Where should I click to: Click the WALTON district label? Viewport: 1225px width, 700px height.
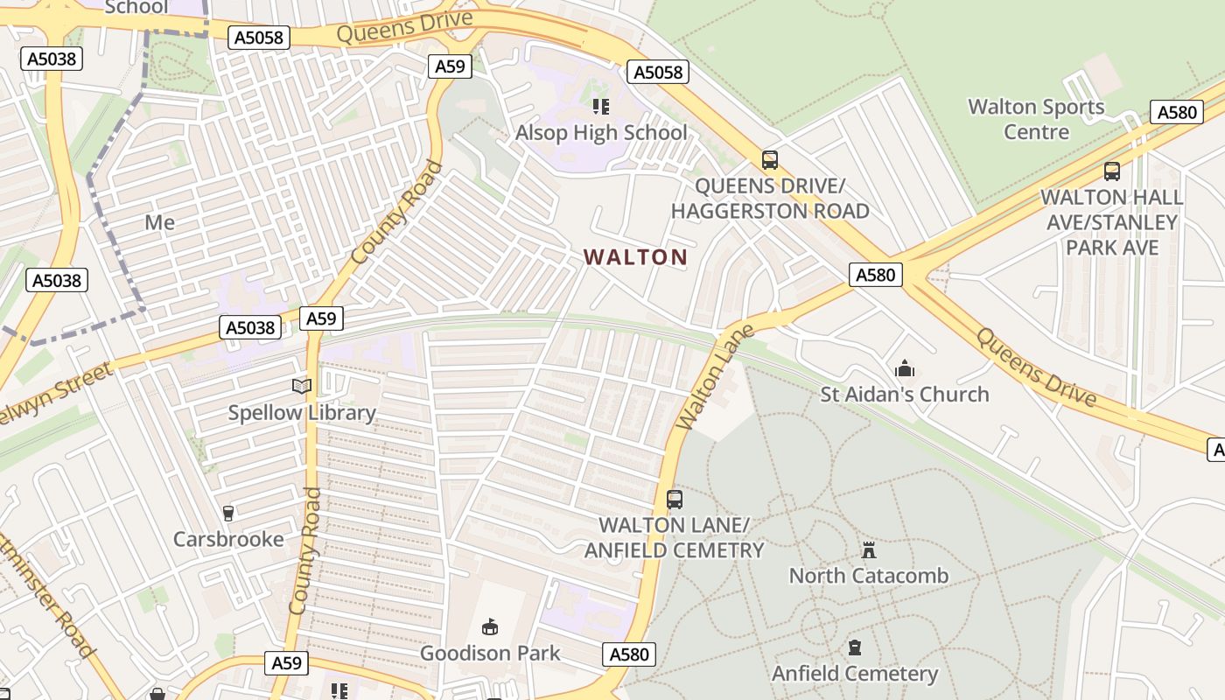coord(635,257)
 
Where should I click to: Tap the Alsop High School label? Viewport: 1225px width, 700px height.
coord(601,133)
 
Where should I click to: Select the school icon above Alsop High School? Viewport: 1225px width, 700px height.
coord(600,107)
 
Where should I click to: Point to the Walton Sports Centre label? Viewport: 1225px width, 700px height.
coord(1036,119)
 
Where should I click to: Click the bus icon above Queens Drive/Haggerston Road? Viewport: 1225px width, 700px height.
coord(770,160)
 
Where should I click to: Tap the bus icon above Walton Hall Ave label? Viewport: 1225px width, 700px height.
coord(1112,171)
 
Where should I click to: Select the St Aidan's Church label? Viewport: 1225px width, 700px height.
coord(905,394)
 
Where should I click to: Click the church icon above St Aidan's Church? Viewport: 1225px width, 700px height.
coord(905,369)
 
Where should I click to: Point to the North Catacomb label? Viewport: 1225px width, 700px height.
coord(869,575)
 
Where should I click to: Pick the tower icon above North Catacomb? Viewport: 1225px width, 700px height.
coord(869,550)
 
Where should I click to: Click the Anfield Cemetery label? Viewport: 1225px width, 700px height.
coord(855,673)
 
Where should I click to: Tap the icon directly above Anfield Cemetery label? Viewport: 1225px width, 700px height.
coord(855,648)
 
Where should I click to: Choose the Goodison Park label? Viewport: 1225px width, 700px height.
coord(490,653)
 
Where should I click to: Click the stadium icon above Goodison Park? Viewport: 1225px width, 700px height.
coord(490,627)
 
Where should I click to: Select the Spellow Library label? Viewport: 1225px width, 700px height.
coord(302,412)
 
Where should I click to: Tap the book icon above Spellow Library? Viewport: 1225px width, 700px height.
coord(302,386)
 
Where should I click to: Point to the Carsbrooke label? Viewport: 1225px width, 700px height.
coord(228,539)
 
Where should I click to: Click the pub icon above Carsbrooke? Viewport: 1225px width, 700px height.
coord(228,513)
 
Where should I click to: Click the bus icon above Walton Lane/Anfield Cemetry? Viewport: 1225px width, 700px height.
coord(675,500)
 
